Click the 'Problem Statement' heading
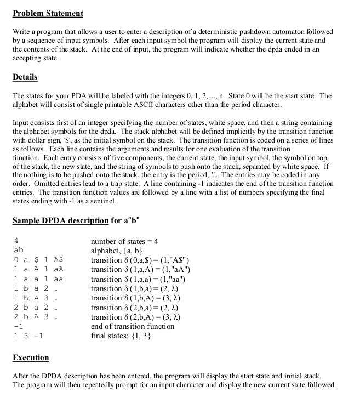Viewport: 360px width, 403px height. click(x=48, y=13)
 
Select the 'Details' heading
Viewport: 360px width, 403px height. click(x=25, y=77)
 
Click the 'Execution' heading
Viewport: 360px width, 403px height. click(x=31, y=357)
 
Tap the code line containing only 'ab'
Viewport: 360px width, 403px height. click(x=18, y=251)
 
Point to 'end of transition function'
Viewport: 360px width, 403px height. click(x=133, y=326)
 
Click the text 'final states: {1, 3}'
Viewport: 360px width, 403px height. click(x=122, y=336)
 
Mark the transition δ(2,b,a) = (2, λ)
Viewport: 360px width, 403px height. click(x=135, y=308)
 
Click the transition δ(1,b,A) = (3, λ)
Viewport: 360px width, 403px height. click(x=136, y=298)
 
